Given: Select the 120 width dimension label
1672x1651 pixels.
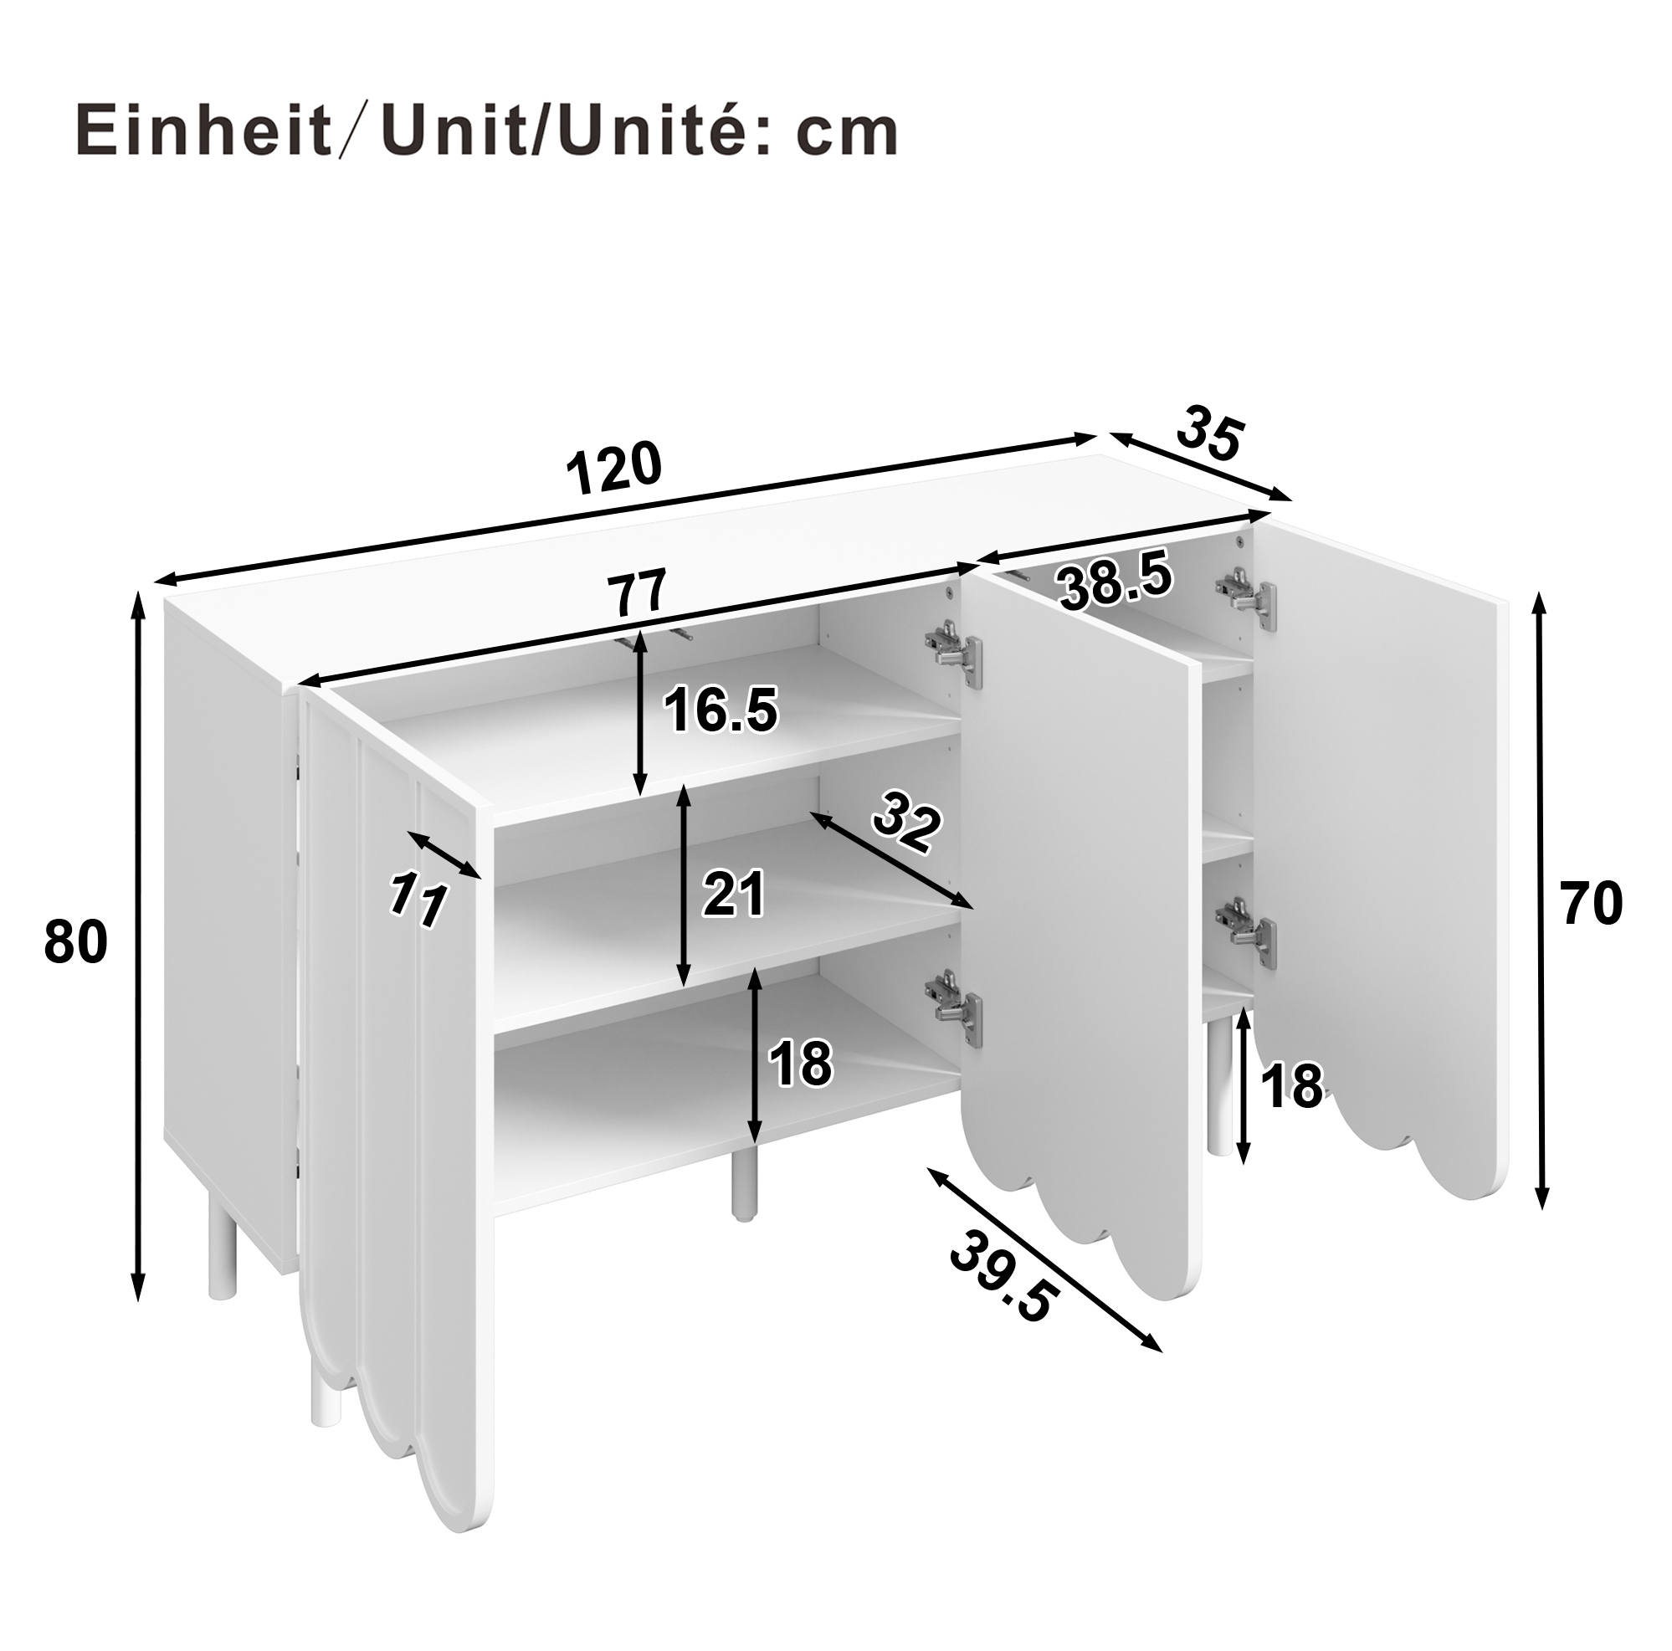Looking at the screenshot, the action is tap(613, 467).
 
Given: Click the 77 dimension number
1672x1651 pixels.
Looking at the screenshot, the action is tap(637, 593).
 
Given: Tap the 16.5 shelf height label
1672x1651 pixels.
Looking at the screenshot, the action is tap(721, 710).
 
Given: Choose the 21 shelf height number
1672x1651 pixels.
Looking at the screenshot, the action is tap(734, 894).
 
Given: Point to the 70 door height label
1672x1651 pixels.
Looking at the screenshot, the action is tap(1591, 904).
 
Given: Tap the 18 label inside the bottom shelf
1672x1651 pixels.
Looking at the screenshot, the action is tap(801, 1063).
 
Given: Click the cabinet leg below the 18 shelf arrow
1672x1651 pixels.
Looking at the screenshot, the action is tap(741, 1185).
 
